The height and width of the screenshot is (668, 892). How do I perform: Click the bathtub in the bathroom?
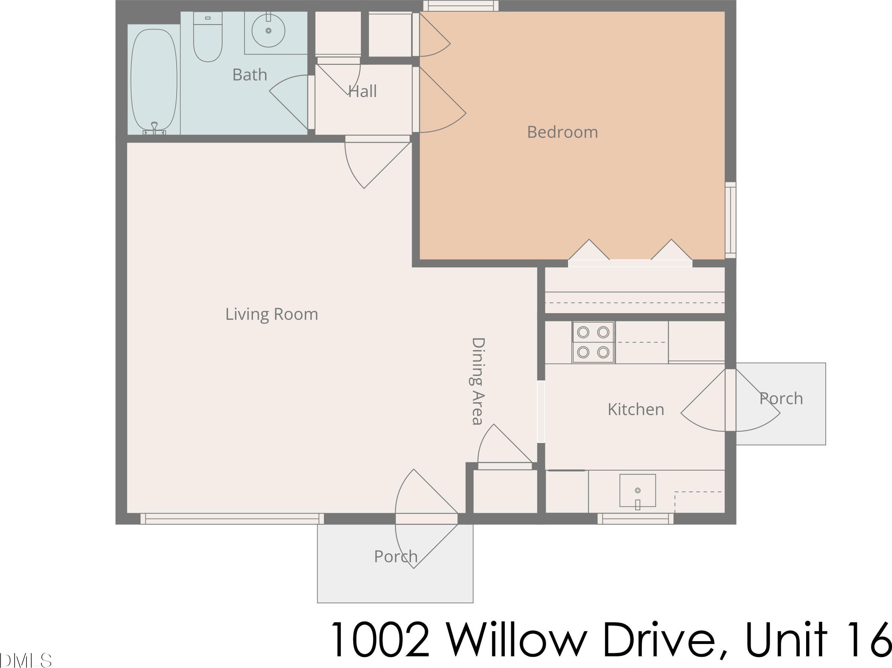point(154,80)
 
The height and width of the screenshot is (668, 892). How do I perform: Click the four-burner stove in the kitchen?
point(593,342)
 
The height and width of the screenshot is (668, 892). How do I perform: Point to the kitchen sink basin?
point(638,490)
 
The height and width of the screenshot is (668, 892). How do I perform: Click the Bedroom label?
point(563,132)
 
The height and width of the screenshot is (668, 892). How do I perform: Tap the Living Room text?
point(272,314)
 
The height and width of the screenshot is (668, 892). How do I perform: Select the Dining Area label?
point(478,381)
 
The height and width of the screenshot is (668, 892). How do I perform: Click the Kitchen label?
point(636,409)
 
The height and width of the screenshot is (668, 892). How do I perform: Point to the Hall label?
point(362,91)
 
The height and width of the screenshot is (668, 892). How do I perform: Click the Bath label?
point(250,75)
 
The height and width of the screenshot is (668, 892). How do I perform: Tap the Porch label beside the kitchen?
point(781,398)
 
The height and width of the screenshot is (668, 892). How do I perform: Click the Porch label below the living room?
point(396,556)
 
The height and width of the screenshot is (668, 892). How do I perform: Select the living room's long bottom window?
point(232,519)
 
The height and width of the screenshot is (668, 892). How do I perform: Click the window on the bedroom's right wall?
point(730,220)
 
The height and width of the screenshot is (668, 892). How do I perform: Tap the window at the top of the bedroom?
point(461,6)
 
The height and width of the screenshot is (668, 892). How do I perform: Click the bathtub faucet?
point(154,128)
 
